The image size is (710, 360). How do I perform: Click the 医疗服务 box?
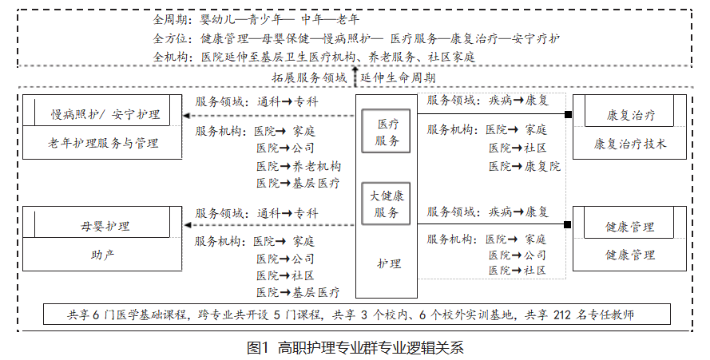pyautogui.click(x=386, y=132)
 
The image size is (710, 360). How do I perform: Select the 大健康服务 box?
pyautogui.click(x=386, y=204)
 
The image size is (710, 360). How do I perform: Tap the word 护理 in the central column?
pyautogui.click(x=389, y=263)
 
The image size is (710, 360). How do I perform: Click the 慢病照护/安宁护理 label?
pyautogui.click(x=105, y=114)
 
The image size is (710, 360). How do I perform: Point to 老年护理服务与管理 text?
pyautogui.click(x=103, y=143)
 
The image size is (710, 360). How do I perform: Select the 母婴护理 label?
pyautogui.click(x=105, y=226)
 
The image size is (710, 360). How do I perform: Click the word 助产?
pyautogui.click(x=103, y=255)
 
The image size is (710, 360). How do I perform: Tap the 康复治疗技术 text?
pyautogui.click(x=630, y=144)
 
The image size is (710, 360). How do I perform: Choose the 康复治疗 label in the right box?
pyautogui.click(x=630, y=115)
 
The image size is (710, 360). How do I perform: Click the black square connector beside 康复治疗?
pyautogui.click(x=568, y=115)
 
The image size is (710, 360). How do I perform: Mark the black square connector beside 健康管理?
pyautogui.click(x=568, y=224)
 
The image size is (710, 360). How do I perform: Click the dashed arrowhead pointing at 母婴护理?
pyautogui.click(x=187, y=225)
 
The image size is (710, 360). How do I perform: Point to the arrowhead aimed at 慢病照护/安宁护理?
pyautogui.click(x=187, y=116)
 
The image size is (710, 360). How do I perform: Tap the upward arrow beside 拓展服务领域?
pyautogui.click(x=355, y=76)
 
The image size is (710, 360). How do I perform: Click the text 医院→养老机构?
pyautogui.click(x=299, y=166)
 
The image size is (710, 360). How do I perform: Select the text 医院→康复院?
pyautogui.click(x=525, y=166)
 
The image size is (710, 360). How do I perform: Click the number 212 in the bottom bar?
pyautogui.click(x=562, y=315)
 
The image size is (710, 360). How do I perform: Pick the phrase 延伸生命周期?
pyautogui.click(x=398, y=77)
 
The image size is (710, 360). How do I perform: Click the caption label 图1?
pyautogui.click(x=258, y=348)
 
